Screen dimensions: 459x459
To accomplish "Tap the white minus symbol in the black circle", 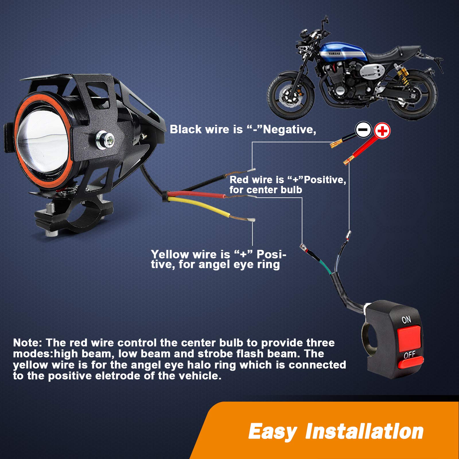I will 363,130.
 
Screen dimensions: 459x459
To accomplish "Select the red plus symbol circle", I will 382,131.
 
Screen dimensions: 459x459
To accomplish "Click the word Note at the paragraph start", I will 28,343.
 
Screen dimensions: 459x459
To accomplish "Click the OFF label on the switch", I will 409,355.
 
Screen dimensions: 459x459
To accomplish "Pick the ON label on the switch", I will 406,319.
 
